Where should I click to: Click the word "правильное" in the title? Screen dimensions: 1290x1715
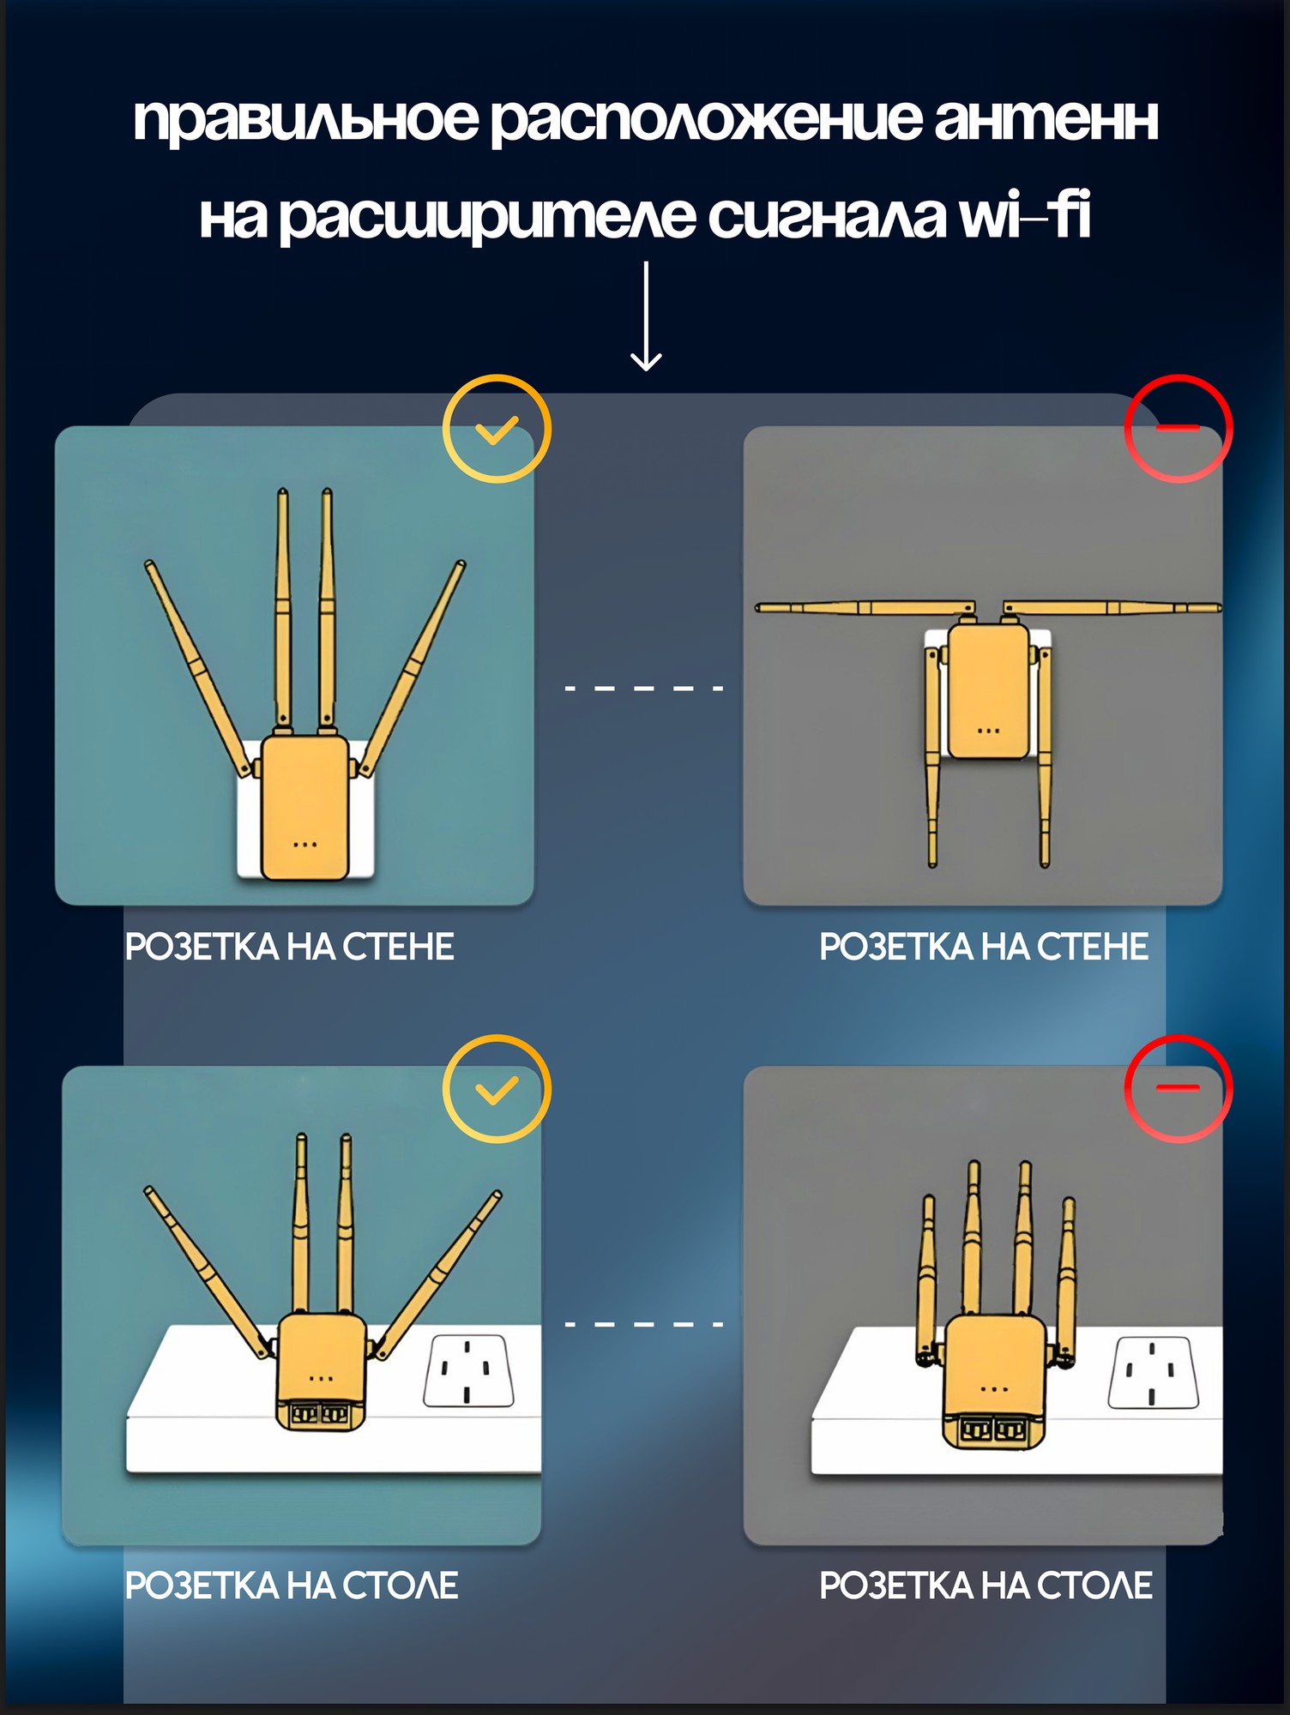[x=305, y=121]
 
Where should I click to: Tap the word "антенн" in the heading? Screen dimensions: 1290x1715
[x=1046, y=119]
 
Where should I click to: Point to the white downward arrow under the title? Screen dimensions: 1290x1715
[x=646, y=316]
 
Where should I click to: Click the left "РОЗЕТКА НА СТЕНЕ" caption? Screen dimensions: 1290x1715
[x=290, y=947]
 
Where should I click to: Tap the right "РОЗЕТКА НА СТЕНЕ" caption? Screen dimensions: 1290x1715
[x=984, y=947]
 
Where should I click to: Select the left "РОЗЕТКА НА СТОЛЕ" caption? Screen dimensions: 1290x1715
[x=292, y=1586]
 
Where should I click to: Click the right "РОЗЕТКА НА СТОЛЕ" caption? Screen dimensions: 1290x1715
[x=986, y=1586]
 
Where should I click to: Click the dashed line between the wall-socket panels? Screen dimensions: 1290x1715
[x=644, y=688]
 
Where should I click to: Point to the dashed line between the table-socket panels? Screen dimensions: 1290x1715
[x=644, y=1324]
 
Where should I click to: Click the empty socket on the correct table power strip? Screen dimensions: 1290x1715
[x=468, y=1370]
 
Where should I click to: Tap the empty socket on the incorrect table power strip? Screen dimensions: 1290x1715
[x=1152, y=1373]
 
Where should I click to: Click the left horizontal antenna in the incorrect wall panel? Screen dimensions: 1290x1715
[x=865, y=608]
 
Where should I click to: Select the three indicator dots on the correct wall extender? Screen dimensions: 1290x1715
[x=305, y=845]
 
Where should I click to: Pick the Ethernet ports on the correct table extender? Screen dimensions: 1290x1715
[x=320, y=1414]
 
